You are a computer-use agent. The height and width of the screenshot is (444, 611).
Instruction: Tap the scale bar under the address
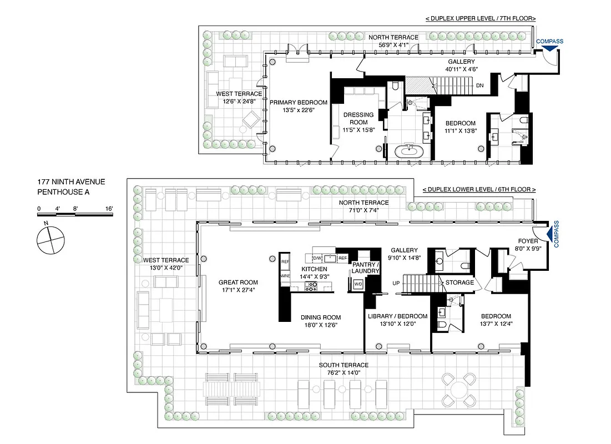click(75, 213)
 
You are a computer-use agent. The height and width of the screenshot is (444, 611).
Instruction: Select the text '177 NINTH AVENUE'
click(71, 181)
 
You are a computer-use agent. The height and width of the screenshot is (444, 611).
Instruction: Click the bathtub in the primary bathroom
click(409, 150)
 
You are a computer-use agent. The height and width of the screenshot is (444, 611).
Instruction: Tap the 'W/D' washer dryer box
click(358, 284)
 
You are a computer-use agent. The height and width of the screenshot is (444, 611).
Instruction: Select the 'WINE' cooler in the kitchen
click(285, 276)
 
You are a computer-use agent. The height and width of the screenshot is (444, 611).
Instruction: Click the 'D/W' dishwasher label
click(317, 258)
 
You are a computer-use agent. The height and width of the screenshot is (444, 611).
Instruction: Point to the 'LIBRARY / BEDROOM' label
click(397, 316)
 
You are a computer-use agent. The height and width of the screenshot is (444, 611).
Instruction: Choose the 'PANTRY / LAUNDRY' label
click(366, 268)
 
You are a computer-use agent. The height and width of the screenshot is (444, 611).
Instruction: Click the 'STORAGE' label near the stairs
click(460, 282)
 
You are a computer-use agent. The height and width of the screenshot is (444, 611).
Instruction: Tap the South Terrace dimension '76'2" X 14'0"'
click(343, 373)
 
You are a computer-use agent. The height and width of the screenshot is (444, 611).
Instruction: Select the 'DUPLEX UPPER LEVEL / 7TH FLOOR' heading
click(480, 18)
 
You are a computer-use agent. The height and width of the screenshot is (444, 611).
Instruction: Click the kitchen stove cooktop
click(311, 286)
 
